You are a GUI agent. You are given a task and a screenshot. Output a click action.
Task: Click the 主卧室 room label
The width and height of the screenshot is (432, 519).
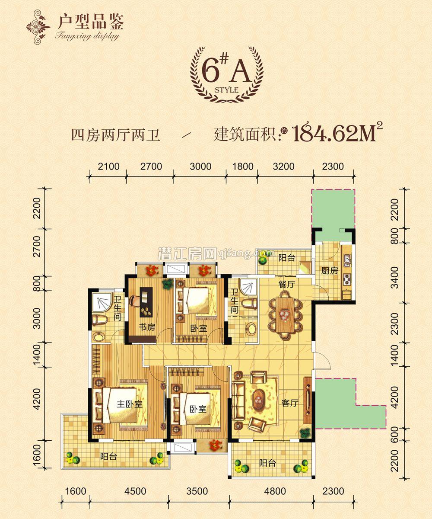pyautogui.click(x=130, y=404)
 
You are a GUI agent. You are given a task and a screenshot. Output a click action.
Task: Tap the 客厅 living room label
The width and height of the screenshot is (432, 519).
pyautogui.click(x=290, y=403)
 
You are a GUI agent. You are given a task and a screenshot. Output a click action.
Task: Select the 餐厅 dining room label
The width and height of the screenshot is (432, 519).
pyautogui.click(x=286, y=284)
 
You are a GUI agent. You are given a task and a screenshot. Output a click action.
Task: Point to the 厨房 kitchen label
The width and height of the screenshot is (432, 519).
pyautogui.click(x=330, y=271)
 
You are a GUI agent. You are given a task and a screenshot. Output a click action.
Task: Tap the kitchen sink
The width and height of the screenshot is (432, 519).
pyautogui.click(x=346, y=260)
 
